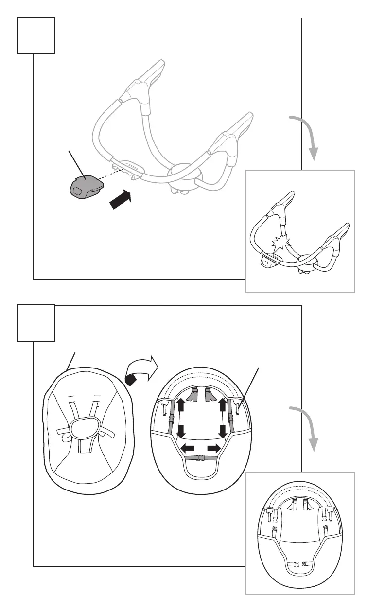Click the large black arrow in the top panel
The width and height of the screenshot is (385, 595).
click(x=121, y=199)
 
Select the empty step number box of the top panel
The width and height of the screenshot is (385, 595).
click(x=36, y=35)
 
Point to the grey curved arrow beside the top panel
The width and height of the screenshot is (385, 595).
click(x=307, y=137)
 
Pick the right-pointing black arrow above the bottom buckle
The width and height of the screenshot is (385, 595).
click(x=214, y=448)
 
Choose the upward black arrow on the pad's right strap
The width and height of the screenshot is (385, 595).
click(x=224, y=405)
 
